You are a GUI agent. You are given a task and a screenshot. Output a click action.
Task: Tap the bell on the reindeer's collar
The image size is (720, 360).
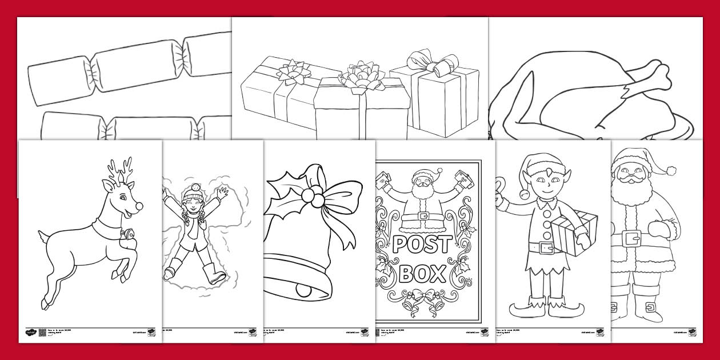pos(130,234)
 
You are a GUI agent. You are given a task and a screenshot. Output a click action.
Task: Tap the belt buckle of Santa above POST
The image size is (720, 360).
pos(423,216)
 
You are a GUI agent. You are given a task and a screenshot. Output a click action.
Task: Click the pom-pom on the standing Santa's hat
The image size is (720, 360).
pos(673,169)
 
